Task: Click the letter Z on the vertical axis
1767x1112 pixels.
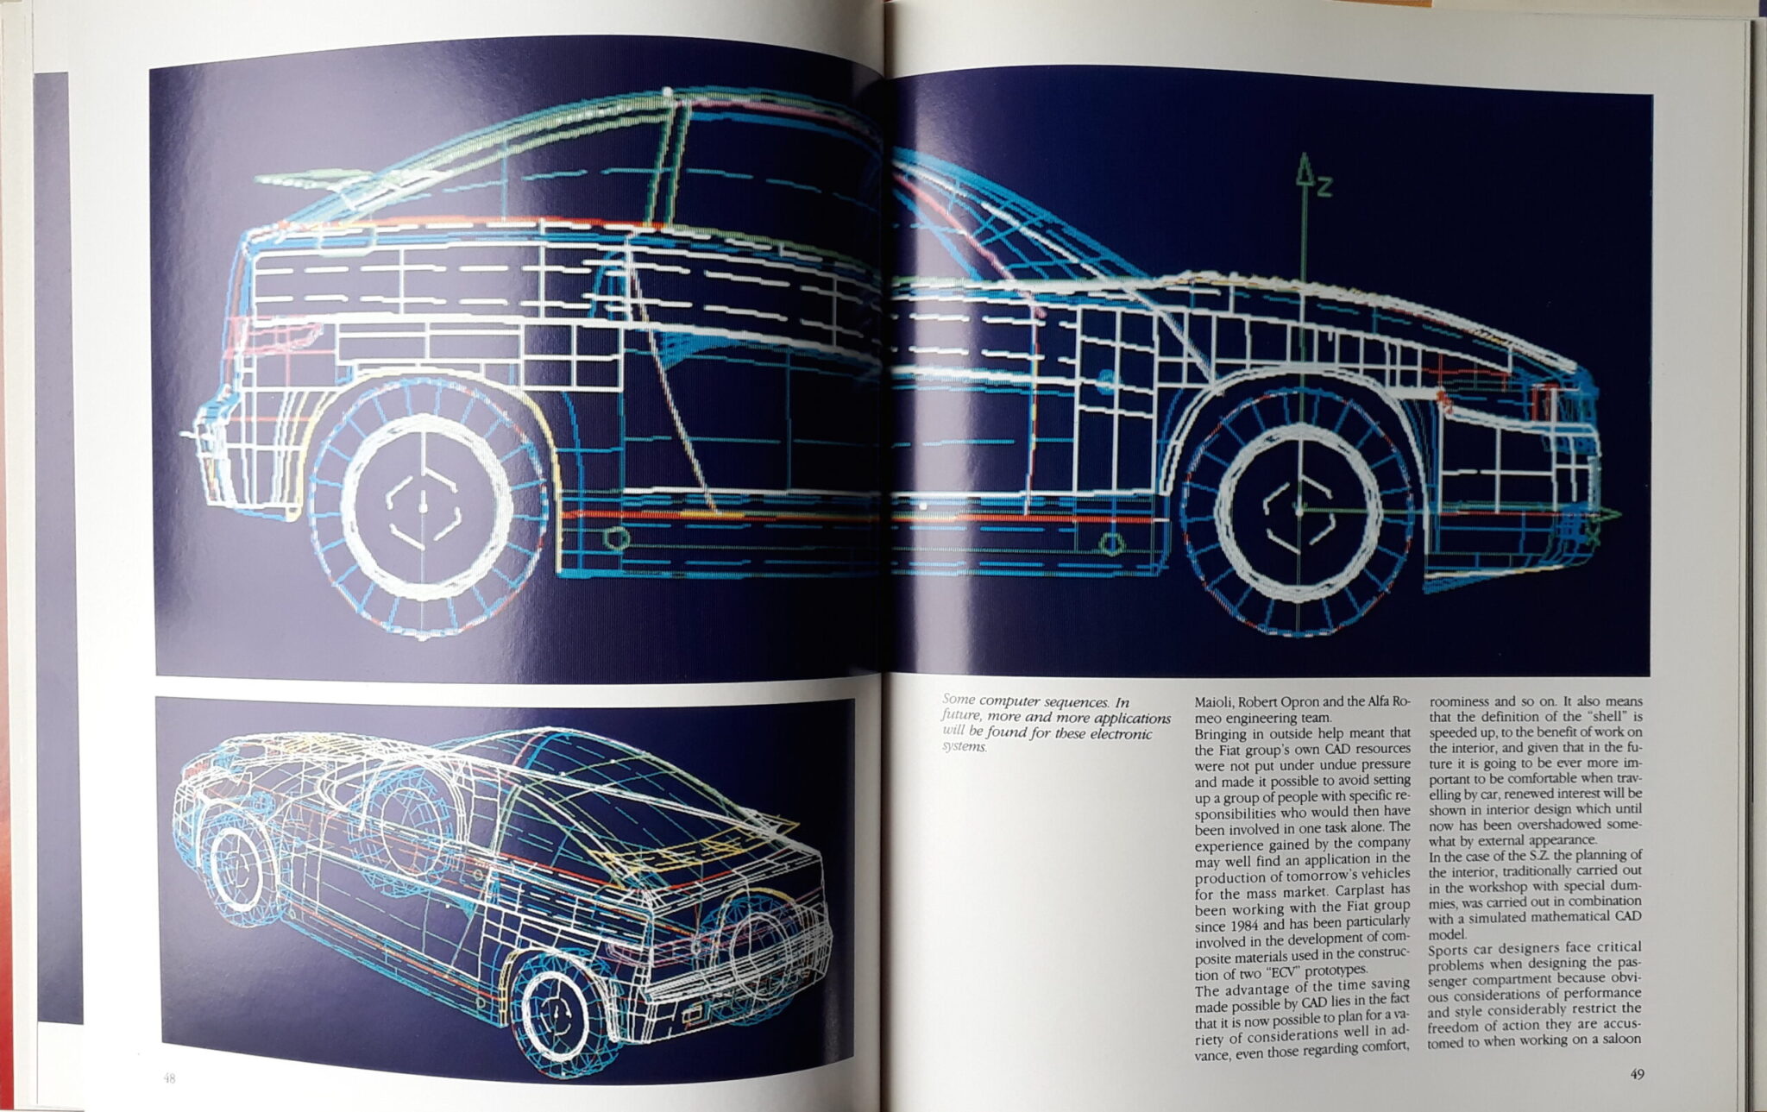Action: click(x=1323, y=186)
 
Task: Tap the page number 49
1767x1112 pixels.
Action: click(x=1636, y=1074)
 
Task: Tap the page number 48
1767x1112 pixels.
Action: click(x=169, y=1077)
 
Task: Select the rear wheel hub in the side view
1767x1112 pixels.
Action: click(x=423, y=506)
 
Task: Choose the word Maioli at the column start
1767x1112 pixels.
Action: click(x=1216, y=702)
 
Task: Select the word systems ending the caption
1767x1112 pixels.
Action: click(x=964, y=747)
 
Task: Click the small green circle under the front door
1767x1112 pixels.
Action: click(x=1110, y=543)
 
